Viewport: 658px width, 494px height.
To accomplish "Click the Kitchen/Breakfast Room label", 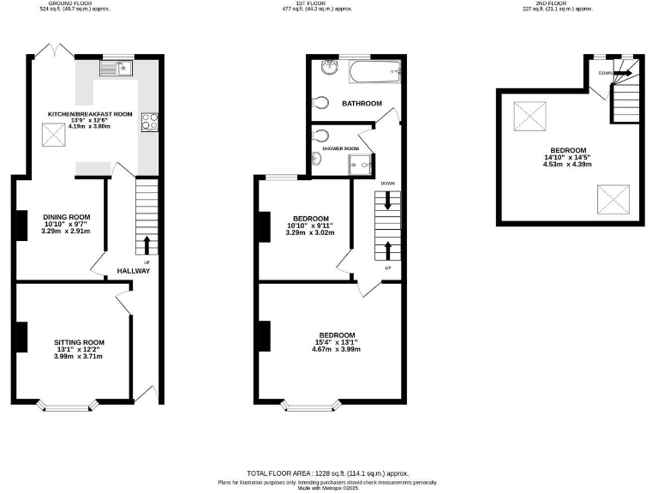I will (x=89, y=113).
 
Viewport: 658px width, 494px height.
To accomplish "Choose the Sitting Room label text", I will (x=80, y=342).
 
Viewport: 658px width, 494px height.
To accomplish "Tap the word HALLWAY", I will (x=135, y=271).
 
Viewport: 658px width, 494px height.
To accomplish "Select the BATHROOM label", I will (x=362, y=104).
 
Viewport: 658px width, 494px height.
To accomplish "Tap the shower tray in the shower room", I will (x=359, y=164).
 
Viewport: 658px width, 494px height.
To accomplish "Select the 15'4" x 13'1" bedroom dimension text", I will (x=338, y=342).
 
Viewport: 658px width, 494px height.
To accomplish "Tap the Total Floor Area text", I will (x=328, y=473).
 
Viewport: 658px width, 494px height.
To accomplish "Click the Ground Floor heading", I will (x=71, y=3).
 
